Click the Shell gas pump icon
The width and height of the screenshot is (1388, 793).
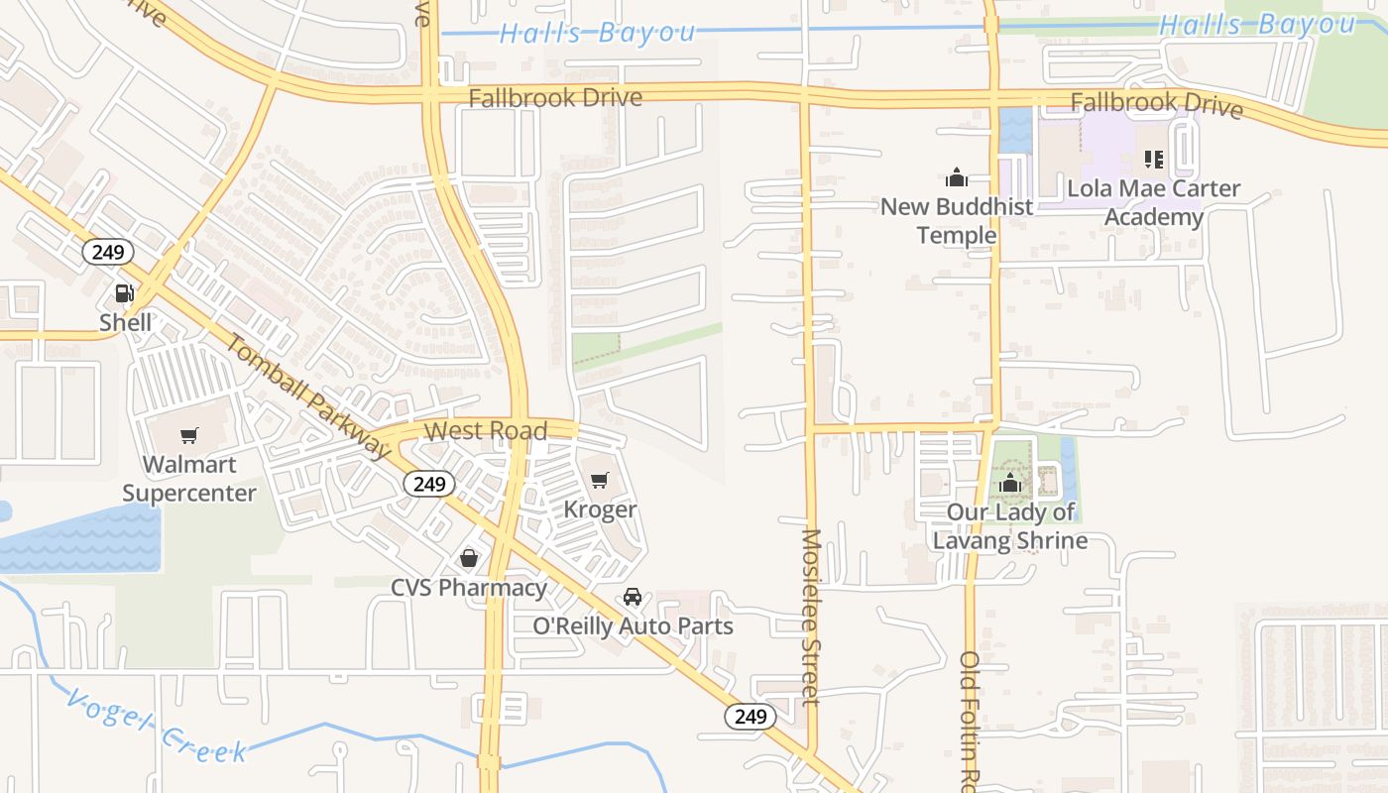click(x=125, y=293)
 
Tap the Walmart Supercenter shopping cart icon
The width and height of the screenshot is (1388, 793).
click(x=188, y=436)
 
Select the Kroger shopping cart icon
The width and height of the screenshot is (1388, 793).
click(x=599, y=482)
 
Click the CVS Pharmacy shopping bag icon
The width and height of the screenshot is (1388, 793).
click(x=469, y=559)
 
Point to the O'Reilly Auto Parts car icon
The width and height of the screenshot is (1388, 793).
click(x=633, y=597)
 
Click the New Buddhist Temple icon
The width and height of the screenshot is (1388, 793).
click(x=957, y=177)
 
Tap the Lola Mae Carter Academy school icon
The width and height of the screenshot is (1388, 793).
click(x=1153, y=159)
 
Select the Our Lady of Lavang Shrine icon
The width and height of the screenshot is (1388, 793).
click(x=1010, y=484)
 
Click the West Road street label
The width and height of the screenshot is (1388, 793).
click(x=486, y=431)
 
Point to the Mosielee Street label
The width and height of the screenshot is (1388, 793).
click(x=811, y=616)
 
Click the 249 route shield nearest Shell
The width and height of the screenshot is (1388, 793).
click(x=107, y=252)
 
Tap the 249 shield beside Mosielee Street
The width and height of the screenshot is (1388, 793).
click(x=750, y=716)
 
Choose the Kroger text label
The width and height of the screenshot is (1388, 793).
click(x=600, y=510)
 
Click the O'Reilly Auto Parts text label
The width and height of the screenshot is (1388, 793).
click(x=633, y=626)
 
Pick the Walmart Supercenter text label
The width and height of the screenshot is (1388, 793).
click(x=188, y=478)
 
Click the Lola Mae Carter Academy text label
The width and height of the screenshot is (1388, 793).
click(x=1153, y=202)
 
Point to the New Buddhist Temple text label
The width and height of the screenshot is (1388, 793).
click(x=957, y=221)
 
